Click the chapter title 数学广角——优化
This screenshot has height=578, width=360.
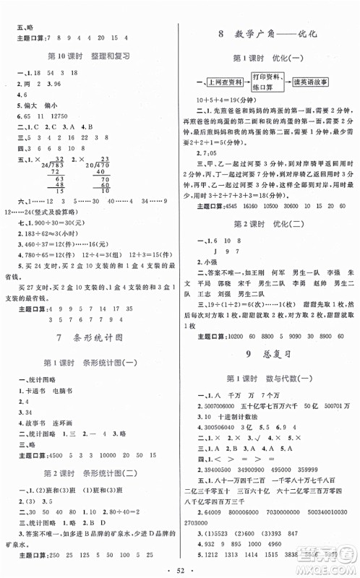(x=268, y=34)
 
